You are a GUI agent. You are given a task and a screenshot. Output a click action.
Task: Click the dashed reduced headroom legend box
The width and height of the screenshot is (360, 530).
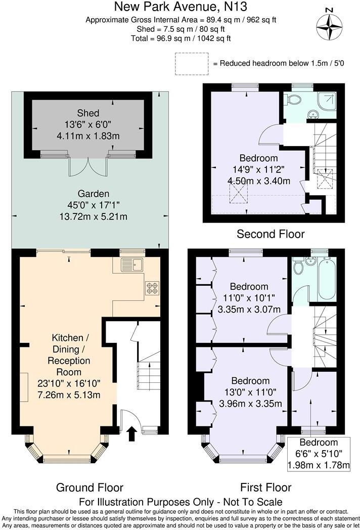[192, 64]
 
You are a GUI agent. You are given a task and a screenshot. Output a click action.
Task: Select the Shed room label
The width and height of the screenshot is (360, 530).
[88, 113]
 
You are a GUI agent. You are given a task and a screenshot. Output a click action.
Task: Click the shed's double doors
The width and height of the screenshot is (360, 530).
[88, 166]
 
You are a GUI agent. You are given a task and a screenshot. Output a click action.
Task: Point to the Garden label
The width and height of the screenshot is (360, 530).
[93, 194]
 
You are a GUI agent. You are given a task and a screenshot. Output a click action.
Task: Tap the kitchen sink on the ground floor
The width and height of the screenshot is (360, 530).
[133, 264]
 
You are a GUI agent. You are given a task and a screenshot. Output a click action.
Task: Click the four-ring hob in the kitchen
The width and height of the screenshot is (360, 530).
[152, 288]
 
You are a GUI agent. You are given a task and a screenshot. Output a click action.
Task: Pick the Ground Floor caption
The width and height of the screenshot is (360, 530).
[89, 488]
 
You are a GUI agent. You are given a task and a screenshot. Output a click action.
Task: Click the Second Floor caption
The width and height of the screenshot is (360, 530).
[271, 234]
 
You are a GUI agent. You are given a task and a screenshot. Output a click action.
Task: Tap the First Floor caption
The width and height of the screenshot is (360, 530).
[265, 488]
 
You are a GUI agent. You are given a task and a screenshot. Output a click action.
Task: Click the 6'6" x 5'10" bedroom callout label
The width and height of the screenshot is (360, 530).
[319, 454]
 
